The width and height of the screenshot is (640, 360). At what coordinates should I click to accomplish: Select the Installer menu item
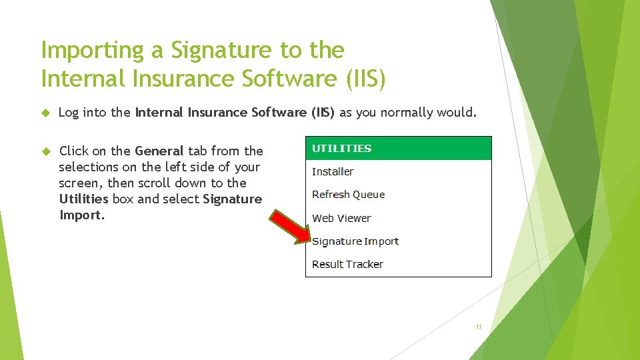tap(333, 171)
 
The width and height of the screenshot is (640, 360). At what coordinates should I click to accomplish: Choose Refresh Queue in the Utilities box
tap(348, 195)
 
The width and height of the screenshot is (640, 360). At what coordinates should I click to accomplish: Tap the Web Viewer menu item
tap(341, 218)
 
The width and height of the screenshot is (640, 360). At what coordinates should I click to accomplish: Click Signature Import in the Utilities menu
tap(355, 241)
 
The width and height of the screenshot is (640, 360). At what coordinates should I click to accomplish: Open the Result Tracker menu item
tap(347, 264)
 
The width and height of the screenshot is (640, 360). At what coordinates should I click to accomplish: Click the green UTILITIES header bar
tap(398, 149)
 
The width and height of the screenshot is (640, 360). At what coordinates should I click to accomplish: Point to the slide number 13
tap(478, 327)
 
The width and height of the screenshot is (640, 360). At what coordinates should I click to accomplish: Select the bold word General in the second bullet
tap(159, 151)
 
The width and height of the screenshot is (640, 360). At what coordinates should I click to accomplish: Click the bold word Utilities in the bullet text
tap(83, 199)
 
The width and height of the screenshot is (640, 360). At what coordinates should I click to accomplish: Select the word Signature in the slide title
tap(215, 51)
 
